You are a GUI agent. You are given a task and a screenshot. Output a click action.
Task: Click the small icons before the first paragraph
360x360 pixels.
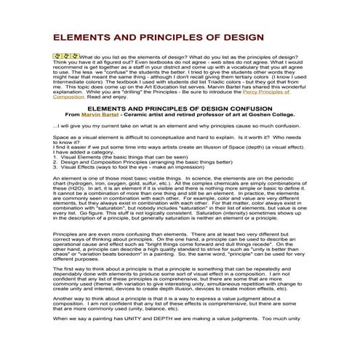(65, 55)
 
